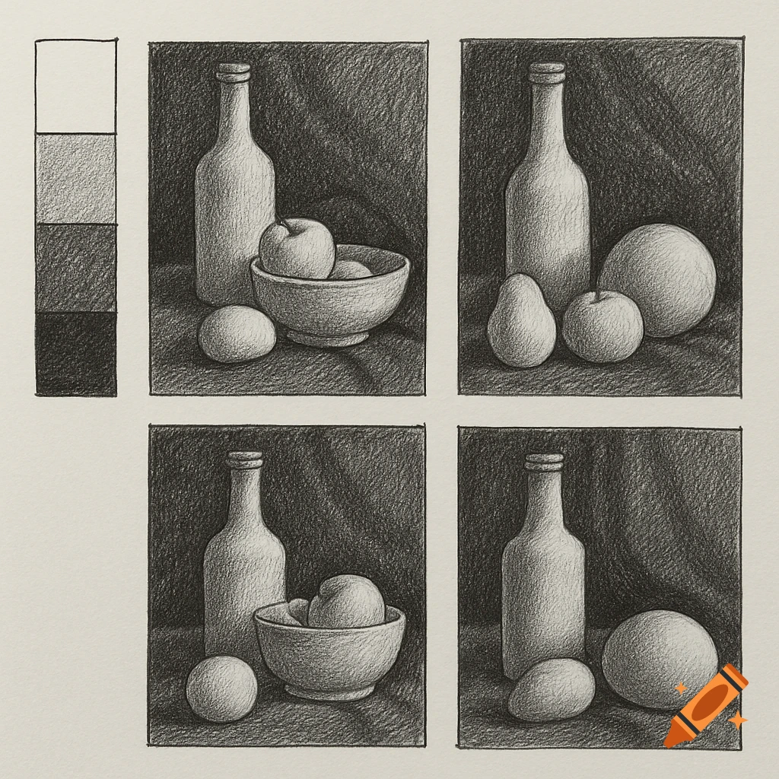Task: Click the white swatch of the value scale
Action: [x=75, y=86]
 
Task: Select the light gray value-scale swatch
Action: [x=75, y=179]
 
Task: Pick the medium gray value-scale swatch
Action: [x=75, y=268]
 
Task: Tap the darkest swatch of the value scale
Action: [x=75, y=354]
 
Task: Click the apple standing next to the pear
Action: [x=603, y=326]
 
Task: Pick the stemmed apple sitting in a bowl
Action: [x=297, y=248]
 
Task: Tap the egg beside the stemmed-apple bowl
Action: [x=237, y=333]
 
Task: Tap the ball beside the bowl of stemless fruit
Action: [x=221, y=689]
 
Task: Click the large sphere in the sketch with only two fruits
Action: [x=659, y=659]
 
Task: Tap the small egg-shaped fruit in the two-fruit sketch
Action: [x=552, y=689]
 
